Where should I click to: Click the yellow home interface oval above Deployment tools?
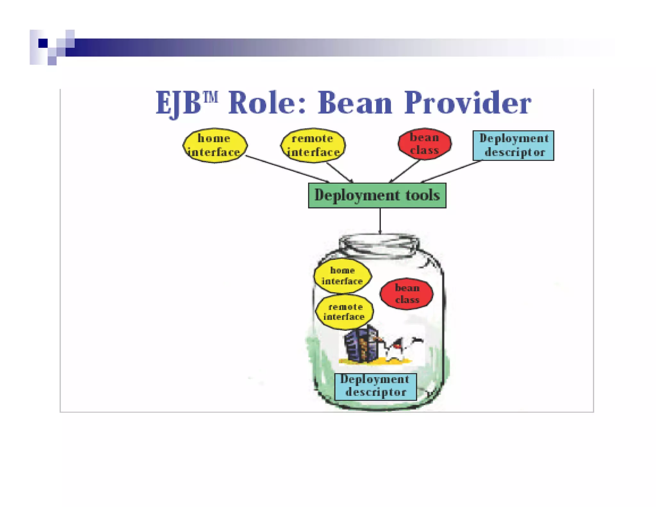tap(215, 145)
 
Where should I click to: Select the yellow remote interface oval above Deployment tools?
tap(313, 145)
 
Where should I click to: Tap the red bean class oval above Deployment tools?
tap(424, 144)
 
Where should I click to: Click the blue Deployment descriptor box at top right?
tap(513, 145)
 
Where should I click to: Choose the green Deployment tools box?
tap(377, 195)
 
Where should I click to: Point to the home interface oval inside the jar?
tap(342, 276)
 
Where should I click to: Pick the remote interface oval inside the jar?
tap(344, 312)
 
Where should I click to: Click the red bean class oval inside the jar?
tap(407, 294)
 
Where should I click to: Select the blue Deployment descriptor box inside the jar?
tap(375, 386)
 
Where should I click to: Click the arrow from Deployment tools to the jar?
tap(380, 221)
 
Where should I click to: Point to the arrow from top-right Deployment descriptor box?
tap(452, 172)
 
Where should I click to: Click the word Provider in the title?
tap(468, 103)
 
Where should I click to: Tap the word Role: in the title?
tap(267, 103)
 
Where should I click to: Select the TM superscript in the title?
tap(211, 96)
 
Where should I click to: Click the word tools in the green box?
tap(422, 195)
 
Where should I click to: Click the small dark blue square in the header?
tap(43, 43)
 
